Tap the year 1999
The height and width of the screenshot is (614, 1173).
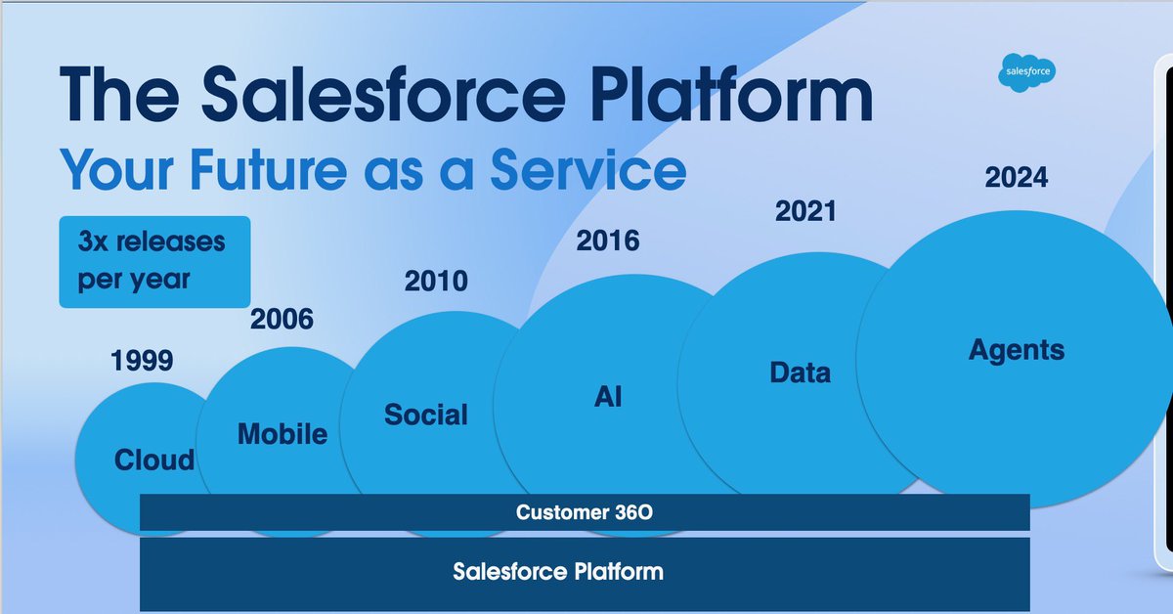tap(142, 361)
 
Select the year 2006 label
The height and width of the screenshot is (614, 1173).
tap(282, 319)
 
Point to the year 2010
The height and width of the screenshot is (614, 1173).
tap(436, 282)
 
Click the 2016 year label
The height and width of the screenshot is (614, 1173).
tap(607, 241)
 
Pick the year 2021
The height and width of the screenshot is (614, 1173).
tap(805, 211)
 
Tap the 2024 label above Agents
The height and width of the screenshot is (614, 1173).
tap(1016, 178)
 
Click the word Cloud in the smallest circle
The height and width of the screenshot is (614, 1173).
tap(154, 460)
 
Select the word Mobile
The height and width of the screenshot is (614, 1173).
tap(282, 434)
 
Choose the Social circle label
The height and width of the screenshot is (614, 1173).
tap(426, 415)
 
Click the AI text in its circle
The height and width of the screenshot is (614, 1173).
tap(607, 396)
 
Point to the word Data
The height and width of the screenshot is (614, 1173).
tap(800, 373)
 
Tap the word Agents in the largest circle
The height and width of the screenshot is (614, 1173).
tap(1017, 349)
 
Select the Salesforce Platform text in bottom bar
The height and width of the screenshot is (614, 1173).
tap(557, 571)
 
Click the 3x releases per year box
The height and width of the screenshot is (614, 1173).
tap(153, 260)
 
